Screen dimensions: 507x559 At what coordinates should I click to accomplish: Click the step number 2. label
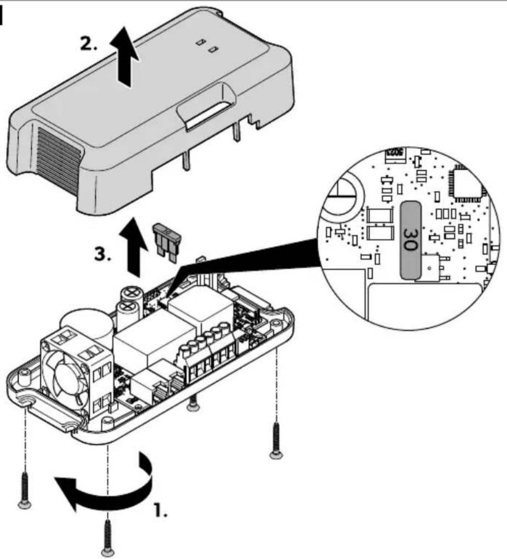click(88, 44)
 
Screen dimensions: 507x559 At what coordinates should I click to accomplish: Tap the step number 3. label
click(102, 255)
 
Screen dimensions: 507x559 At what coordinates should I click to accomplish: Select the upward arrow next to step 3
click(133, 247)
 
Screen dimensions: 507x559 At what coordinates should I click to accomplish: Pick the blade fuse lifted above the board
click(167, 242)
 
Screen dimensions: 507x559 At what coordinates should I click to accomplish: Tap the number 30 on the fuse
click(410, 240)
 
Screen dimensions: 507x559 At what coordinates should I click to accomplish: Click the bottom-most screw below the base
click(107, 538)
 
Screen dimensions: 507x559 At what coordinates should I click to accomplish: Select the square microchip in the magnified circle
click(467, 183)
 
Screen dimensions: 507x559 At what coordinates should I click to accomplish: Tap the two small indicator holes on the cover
click(207, 46)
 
